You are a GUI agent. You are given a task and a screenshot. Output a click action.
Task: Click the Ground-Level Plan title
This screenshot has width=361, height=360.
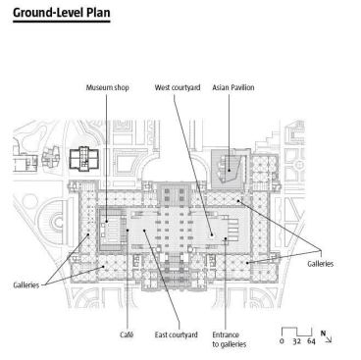(62, 13)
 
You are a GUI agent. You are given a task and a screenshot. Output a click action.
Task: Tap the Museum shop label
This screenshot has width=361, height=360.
(108, 87)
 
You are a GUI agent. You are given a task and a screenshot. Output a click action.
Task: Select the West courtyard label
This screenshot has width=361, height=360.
(178, 87)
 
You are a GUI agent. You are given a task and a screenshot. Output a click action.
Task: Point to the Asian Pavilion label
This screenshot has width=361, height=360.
(233, 87)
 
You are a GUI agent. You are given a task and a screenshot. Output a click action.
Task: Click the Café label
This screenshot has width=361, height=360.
(127, 334)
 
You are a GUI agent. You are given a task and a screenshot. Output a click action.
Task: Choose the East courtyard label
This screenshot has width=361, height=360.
(177, 334)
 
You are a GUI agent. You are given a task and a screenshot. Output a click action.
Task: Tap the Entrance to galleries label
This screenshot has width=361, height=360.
(230, 339)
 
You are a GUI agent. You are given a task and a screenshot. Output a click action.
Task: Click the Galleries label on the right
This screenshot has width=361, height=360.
(321, 264)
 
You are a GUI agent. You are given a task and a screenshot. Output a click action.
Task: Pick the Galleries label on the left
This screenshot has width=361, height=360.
(26, 285)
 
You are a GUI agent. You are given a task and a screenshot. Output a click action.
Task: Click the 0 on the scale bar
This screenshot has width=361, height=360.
(282, 341)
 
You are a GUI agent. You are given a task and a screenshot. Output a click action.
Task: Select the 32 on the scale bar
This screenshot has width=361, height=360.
(296, 341)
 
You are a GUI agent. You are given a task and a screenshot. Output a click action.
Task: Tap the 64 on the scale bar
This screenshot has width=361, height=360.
(311, 341)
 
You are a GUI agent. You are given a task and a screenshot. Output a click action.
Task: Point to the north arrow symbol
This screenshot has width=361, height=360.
(326, 336)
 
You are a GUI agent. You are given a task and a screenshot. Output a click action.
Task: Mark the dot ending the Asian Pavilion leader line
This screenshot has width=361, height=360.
(229, 170)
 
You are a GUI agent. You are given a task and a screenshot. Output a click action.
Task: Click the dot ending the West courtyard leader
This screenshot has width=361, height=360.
(212, 234)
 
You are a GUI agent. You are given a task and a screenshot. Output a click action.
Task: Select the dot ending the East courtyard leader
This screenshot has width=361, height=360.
(143, 231)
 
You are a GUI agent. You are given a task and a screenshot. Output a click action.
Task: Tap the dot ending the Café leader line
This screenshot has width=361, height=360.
(128, 231)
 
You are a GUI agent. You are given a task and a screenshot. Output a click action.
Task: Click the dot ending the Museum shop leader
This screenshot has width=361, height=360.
(106, 222)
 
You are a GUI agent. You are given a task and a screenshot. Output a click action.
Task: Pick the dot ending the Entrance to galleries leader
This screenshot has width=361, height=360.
(226, 238)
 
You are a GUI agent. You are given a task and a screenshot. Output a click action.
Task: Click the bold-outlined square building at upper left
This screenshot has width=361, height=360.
(84, 159)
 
